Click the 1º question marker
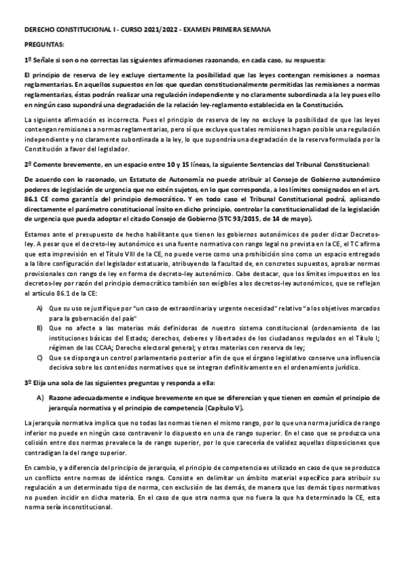tap(28, 59)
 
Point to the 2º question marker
tap(28, 163)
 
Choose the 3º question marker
tap(28, 382)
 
